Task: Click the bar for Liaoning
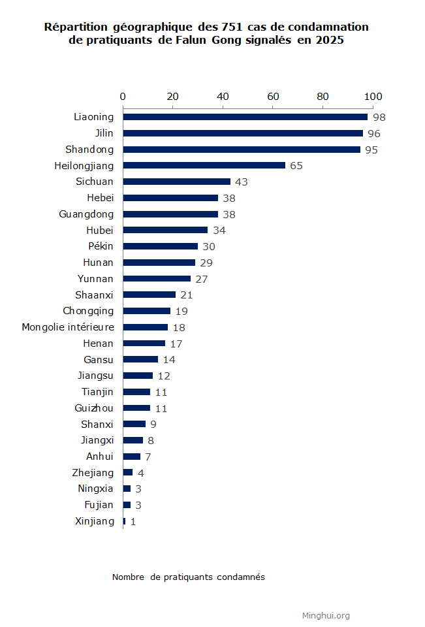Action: pyautogui.click(x=245, y=117)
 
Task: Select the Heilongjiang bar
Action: pyautogui.click(x=204, y=165)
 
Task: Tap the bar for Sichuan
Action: pyautogui.click(x=176, y=182)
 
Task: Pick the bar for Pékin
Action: pyautogui.click(x=160, y=246)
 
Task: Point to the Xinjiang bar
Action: pyautogui.click(x=124, y=521)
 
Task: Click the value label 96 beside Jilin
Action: pyautogui.click(x=374, y=133)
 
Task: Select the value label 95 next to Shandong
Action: pyautogui.click(x=371, y=150)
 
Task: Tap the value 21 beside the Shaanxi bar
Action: pyautogui.click(x=187, y=295)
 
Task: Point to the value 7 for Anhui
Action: pyautogui.click(x=148, y=457)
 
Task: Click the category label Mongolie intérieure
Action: pyautogui.click(x=68, y=327)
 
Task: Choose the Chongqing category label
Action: pyautogui.click(x=88, y=311)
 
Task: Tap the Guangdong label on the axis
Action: pyautogui.click(x=86, y=214)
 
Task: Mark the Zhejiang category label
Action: pyautogui.click(x=93, y=473)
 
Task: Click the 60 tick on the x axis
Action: pyautogui.click(x=273, y=97)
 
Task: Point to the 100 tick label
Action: pyautogui.click(x=373, y=97)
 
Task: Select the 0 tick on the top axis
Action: pyautogui.click(x=123, y=97)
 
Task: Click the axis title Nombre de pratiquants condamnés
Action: pyautogui.click(x=188, y=577)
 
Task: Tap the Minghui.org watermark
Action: pyautogui.click(x=326, y=615)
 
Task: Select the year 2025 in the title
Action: pyautogui.click(x=329, y=40)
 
